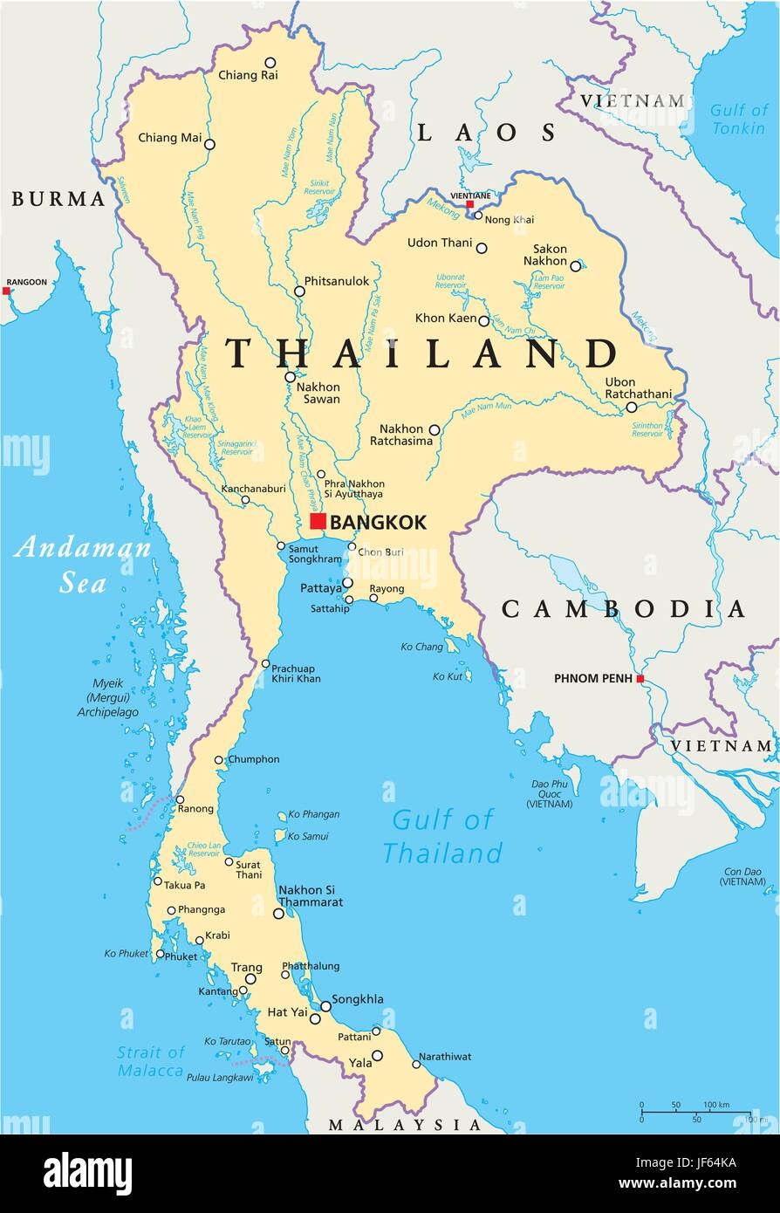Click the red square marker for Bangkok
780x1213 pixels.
coord(318,522)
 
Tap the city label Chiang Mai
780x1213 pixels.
coord(169,138)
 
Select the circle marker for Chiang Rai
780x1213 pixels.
coord(270,63)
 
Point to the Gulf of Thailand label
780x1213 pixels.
coord(442,835)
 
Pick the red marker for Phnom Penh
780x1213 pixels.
coord(640,679)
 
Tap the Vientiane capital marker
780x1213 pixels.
coord(470,204)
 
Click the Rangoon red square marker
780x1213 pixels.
coord(7,291)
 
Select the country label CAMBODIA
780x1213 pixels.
coord(623,609)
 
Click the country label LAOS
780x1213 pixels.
coord(486,133)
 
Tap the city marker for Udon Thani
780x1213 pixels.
coord(482,249)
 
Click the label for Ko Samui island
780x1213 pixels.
coord(308,836)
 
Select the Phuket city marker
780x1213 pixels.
coord(161,955)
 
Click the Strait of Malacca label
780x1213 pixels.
coord(151,1061)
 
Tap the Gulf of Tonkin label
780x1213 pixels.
coord(737,119)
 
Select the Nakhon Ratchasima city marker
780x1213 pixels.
coord(434,429)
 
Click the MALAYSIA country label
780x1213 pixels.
coord(405,1126)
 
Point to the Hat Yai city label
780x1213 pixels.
coord(286,1013)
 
